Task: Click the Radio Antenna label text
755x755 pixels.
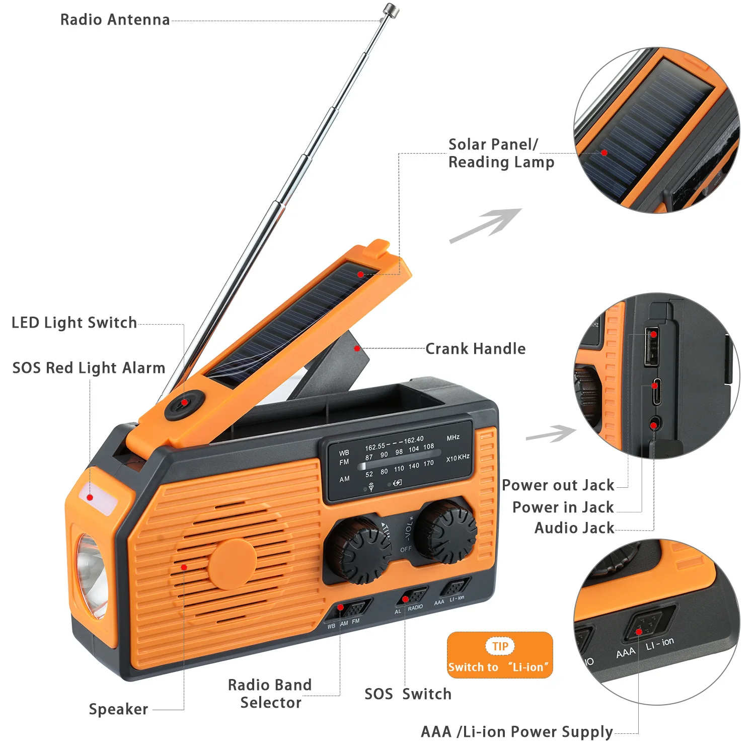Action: (x=115, y=20)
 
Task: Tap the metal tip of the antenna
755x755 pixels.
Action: (x=390, y=10)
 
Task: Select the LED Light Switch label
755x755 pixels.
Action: (x=74, y=323)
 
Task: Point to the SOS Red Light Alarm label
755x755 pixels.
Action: (x=89, y=368)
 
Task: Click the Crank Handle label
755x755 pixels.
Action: (x=475, y=349)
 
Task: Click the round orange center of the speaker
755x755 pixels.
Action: (x=232, y=564)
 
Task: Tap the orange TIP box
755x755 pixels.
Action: (x=500, y=655)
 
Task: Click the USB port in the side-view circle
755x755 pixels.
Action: (x=652, y=347)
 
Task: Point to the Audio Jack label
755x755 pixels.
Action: (x=574, y=528)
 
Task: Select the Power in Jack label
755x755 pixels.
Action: (x=563, y=507)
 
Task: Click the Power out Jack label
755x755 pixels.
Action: (x=558, y=485)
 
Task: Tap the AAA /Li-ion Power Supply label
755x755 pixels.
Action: (x=516, y=732)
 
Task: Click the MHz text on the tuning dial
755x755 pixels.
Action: (x=453, y=438)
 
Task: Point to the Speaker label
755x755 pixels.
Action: (x=118, y=709)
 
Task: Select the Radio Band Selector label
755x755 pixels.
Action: (x=270, y=694)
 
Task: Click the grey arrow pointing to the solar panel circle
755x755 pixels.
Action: (x=486, y=225)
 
